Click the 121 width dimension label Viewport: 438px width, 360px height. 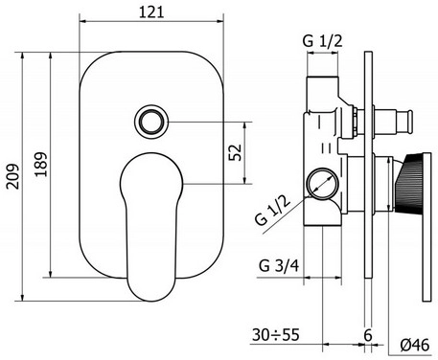[x=151, y=12]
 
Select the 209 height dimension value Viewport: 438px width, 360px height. [x=13, y=176]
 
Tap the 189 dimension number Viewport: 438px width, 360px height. [x=41, y=165]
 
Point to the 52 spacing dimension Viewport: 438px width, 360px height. [x=235, y=152]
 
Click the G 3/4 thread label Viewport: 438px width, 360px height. [x=279, y=265]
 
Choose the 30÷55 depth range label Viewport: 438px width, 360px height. [x=276, y=334]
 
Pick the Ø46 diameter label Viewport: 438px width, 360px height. [x=415, y=345]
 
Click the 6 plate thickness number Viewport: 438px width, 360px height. [x=368, y=335]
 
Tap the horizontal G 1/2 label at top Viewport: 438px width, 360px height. [x=322, y=41]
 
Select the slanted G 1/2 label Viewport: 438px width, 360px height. [x=273, y=211]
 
